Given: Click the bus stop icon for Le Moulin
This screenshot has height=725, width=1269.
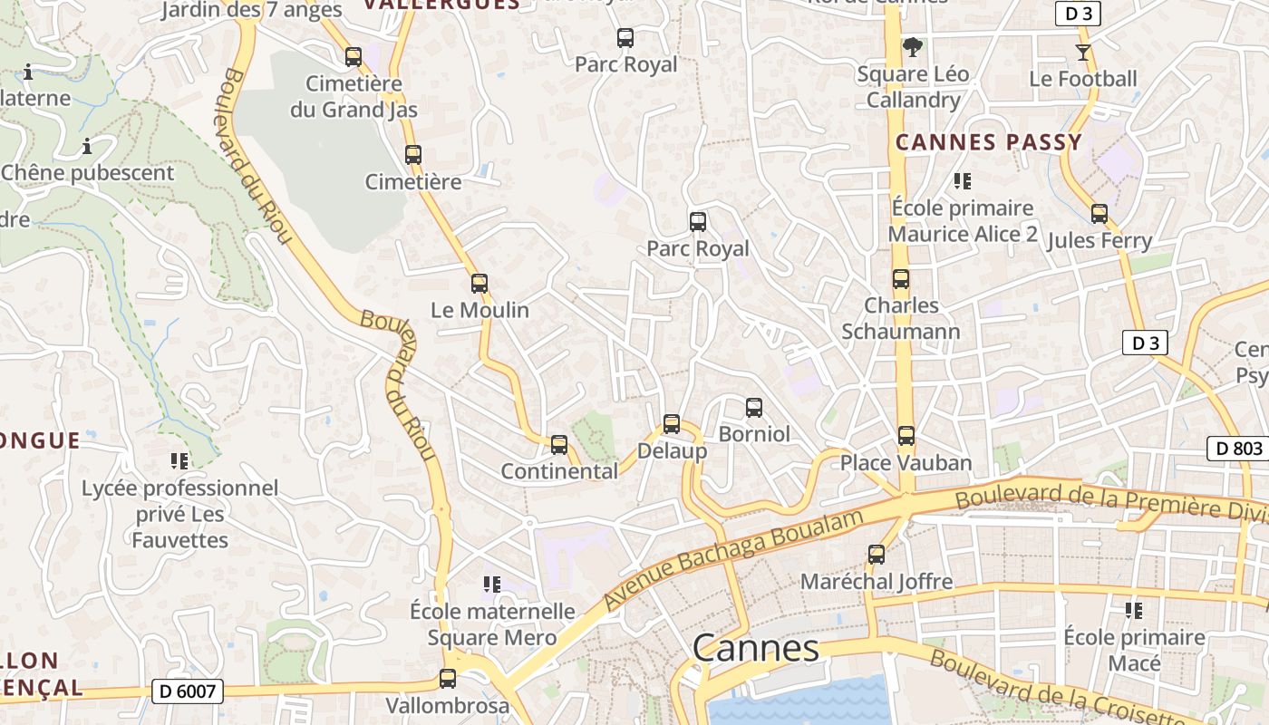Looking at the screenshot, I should [480, 284].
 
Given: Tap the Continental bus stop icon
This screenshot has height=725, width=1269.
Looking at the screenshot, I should [559, 445].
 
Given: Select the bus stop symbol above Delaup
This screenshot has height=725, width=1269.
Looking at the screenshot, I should [672, 423].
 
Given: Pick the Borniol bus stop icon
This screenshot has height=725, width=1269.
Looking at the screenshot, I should [754, 408].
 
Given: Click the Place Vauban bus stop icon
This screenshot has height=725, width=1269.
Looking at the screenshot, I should [906, 436].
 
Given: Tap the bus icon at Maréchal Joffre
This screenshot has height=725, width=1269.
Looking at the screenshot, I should [877, 555].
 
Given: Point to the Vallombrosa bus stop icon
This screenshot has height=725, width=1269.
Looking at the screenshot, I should [448, 678].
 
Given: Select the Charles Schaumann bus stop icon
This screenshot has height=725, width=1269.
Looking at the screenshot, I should [901, 279].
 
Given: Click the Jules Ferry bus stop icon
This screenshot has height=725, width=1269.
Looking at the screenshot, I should [1099, 214].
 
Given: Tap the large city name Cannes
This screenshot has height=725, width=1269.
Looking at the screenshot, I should [756, 648].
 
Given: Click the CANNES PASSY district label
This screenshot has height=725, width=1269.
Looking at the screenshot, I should [989, 142].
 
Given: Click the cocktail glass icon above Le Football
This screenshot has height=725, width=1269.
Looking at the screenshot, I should [1082, 52].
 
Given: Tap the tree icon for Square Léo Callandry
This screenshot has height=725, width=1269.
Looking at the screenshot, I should [913, 47].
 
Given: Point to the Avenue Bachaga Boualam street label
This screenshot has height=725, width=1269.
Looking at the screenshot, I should [735, 559].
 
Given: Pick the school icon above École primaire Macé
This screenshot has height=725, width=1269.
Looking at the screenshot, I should [1133, 611].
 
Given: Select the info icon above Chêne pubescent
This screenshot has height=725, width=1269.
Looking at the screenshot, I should [87, 145].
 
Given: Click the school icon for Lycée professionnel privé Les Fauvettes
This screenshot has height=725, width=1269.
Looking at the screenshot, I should [179, 461].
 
